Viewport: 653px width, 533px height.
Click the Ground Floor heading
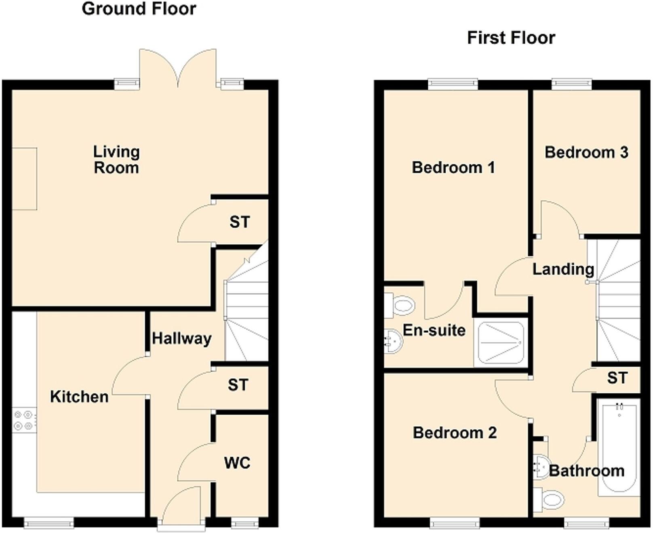[x=139, y=9]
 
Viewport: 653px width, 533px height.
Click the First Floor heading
[x=511, y=38]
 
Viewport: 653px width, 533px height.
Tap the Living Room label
[x=116, y=160]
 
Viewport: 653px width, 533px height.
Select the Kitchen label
[x=79, y=397]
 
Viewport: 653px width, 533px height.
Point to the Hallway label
[x=182, y=338]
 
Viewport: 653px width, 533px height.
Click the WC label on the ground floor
[x=237, y=463]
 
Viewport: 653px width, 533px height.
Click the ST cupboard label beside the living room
[x=240, y=222]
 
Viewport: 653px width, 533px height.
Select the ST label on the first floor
[x=617, y=378]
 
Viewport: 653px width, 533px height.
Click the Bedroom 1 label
[x=453, y=168]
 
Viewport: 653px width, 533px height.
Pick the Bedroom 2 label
[x=455, y=433]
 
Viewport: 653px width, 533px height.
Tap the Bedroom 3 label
[x=586, y=152]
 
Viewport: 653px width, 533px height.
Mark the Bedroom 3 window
[x=572, y=84]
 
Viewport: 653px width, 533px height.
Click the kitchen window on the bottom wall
[x=49, y=523]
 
